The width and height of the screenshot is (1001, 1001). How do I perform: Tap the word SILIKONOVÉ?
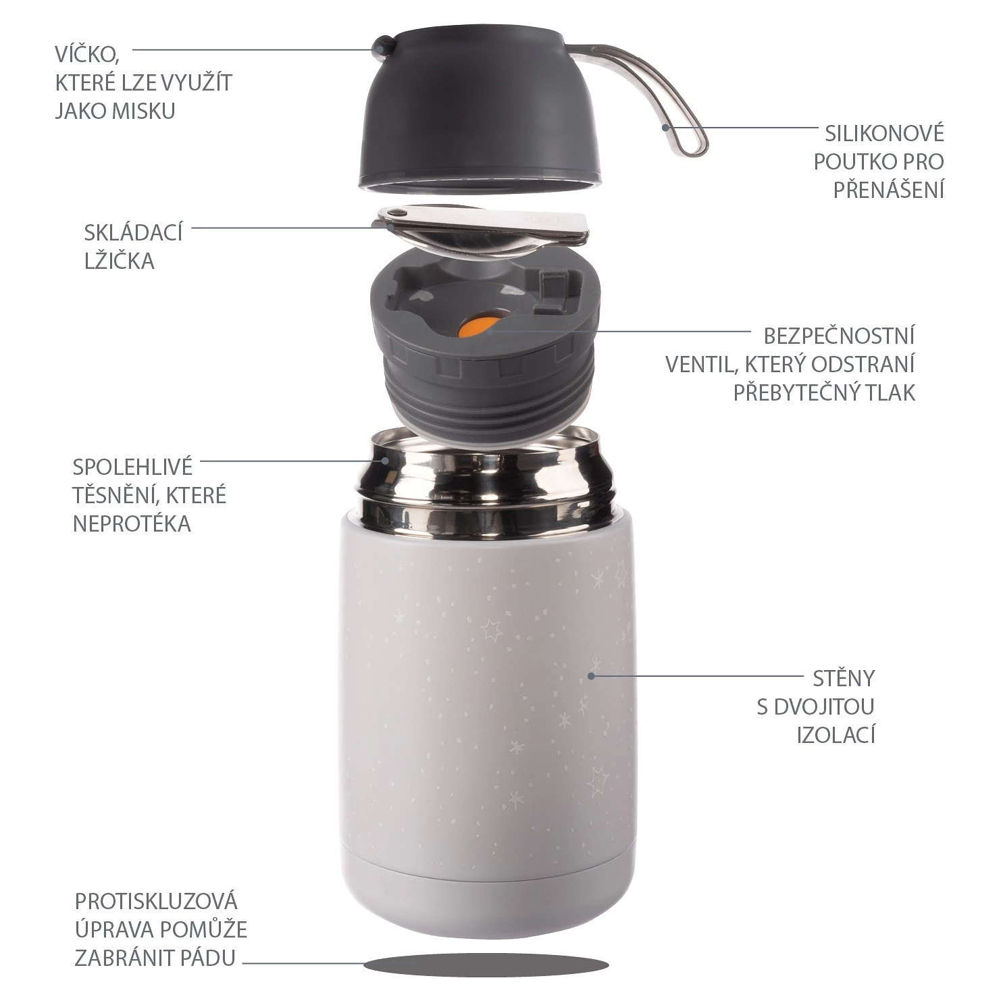[884, 133]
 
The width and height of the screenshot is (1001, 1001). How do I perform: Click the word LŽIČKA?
[120, 260]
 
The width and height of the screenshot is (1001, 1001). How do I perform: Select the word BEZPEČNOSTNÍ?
[839, 335]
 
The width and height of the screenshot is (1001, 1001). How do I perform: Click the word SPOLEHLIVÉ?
[132, 466]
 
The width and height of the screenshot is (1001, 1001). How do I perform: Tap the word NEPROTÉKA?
[132, 523]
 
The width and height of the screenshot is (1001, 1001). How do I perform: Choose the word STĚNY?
[844, 677]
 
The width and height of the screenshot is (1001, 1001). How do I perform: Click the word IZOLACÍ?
[836, 734]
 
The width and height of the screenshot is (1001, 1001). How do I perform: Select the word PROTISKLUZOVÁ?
[156, 901]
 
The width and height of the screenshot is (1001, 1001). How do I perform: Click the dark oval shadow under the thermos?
[486, 965]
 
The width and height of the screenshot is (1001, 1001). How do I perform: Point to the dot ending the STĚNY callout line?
[592, 675]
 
